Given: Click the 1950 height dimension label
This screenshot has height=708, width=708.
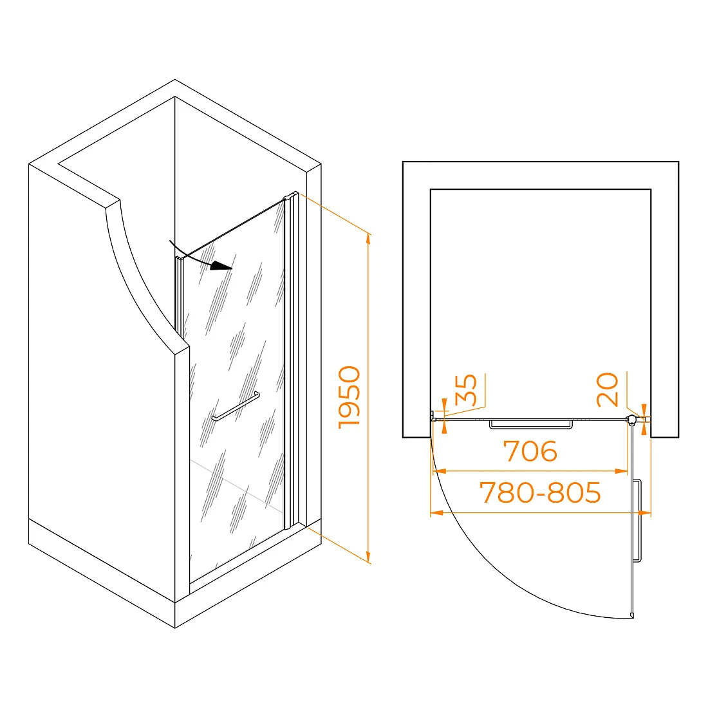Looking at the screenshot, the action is point(349,397).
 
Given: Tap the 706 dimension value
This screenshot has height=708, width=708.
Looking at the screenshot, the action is point(530,451).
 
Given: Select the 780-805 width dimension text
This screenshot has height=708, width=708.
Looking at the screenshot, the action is point(540,492).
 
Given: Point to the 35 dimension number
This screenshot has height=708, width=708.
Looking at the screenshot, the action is point(465,390).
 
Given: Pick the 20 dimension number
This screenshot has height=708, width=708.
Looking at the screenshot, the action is point(607,389).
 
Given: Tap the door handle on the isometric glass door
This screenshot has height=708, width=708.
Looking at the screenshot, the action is point(236,406).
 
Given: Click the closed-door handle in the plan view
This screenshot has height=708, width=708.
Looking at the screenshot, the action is point(531,424).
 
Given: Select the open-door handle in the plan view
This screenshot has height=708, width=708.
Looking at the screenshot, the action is point(637,521).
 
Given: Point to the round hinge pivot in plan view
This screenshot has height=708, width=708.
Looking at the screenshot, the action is point(631,420).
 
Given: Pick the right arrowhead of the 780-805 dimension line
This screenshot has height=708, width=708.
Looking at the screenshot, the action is point(645,513).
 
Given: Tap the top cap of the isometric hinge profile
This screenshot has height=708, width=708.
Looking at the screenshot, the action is point(290,196).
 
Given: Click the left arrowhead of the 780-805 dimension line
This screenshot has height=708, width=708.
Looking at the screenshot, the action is point(436,513).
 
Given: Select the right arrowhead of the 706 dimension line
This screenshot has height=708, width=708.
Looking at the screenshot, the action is point(622,471).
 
